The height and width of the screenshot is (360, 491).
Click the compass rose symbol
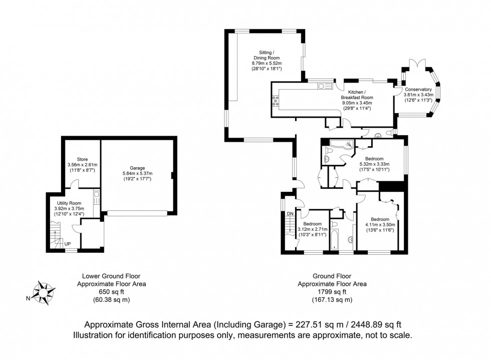click(45, 291)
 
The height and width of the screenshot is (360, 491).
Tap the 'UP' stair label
click(67, 244)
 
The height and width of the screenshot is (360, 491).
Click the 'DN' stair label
click(290, 214)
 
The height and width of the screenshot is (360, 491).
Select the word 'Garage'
click(137, 168)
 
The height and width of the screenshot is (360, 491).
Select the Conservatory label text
click(418, 89)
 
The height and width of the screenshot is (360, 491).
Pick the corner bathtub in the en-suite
click(345, 146)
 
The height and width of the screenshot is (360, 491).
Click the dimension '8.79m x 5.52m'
click(267, 64)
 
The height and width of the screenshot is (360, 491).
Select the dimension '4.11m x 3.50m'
click(380, 225)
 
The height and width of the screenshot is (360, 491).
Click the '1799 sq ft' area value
click(332, 292)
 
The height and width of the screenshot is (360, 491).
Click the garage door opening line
click(137, 213)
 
